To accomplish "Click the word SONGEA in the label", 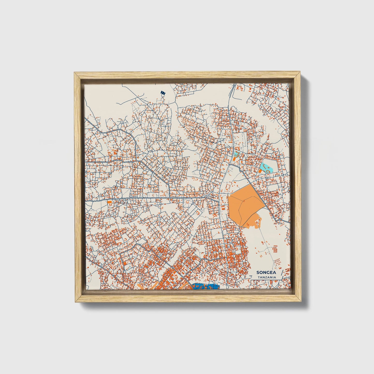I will (266, 273).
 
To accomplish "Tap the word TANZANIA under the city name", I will (267, 277).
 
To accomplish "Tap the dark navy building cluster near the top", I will (163, 92).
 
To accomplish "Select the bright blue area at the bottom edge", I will (206, 287).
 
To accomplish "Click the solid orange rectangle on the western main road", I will (110, 202).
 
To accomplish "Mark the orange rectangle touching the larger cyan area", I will (260, 171).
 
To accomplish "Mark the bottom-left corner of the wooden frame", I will (75, 302).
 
